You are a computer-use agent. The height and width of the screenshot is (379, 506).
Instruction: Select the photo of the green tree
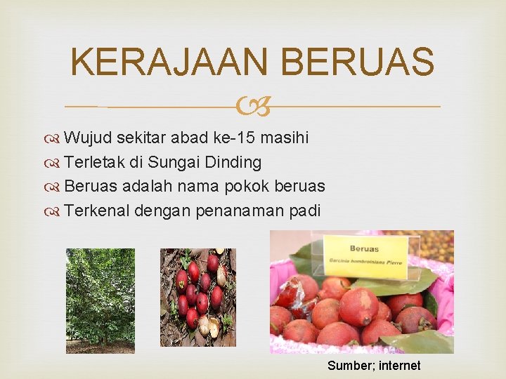tap(100, 300)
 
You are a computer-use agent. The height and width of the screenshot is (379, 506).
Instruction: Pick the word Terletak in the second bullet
tap(93, 162)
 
